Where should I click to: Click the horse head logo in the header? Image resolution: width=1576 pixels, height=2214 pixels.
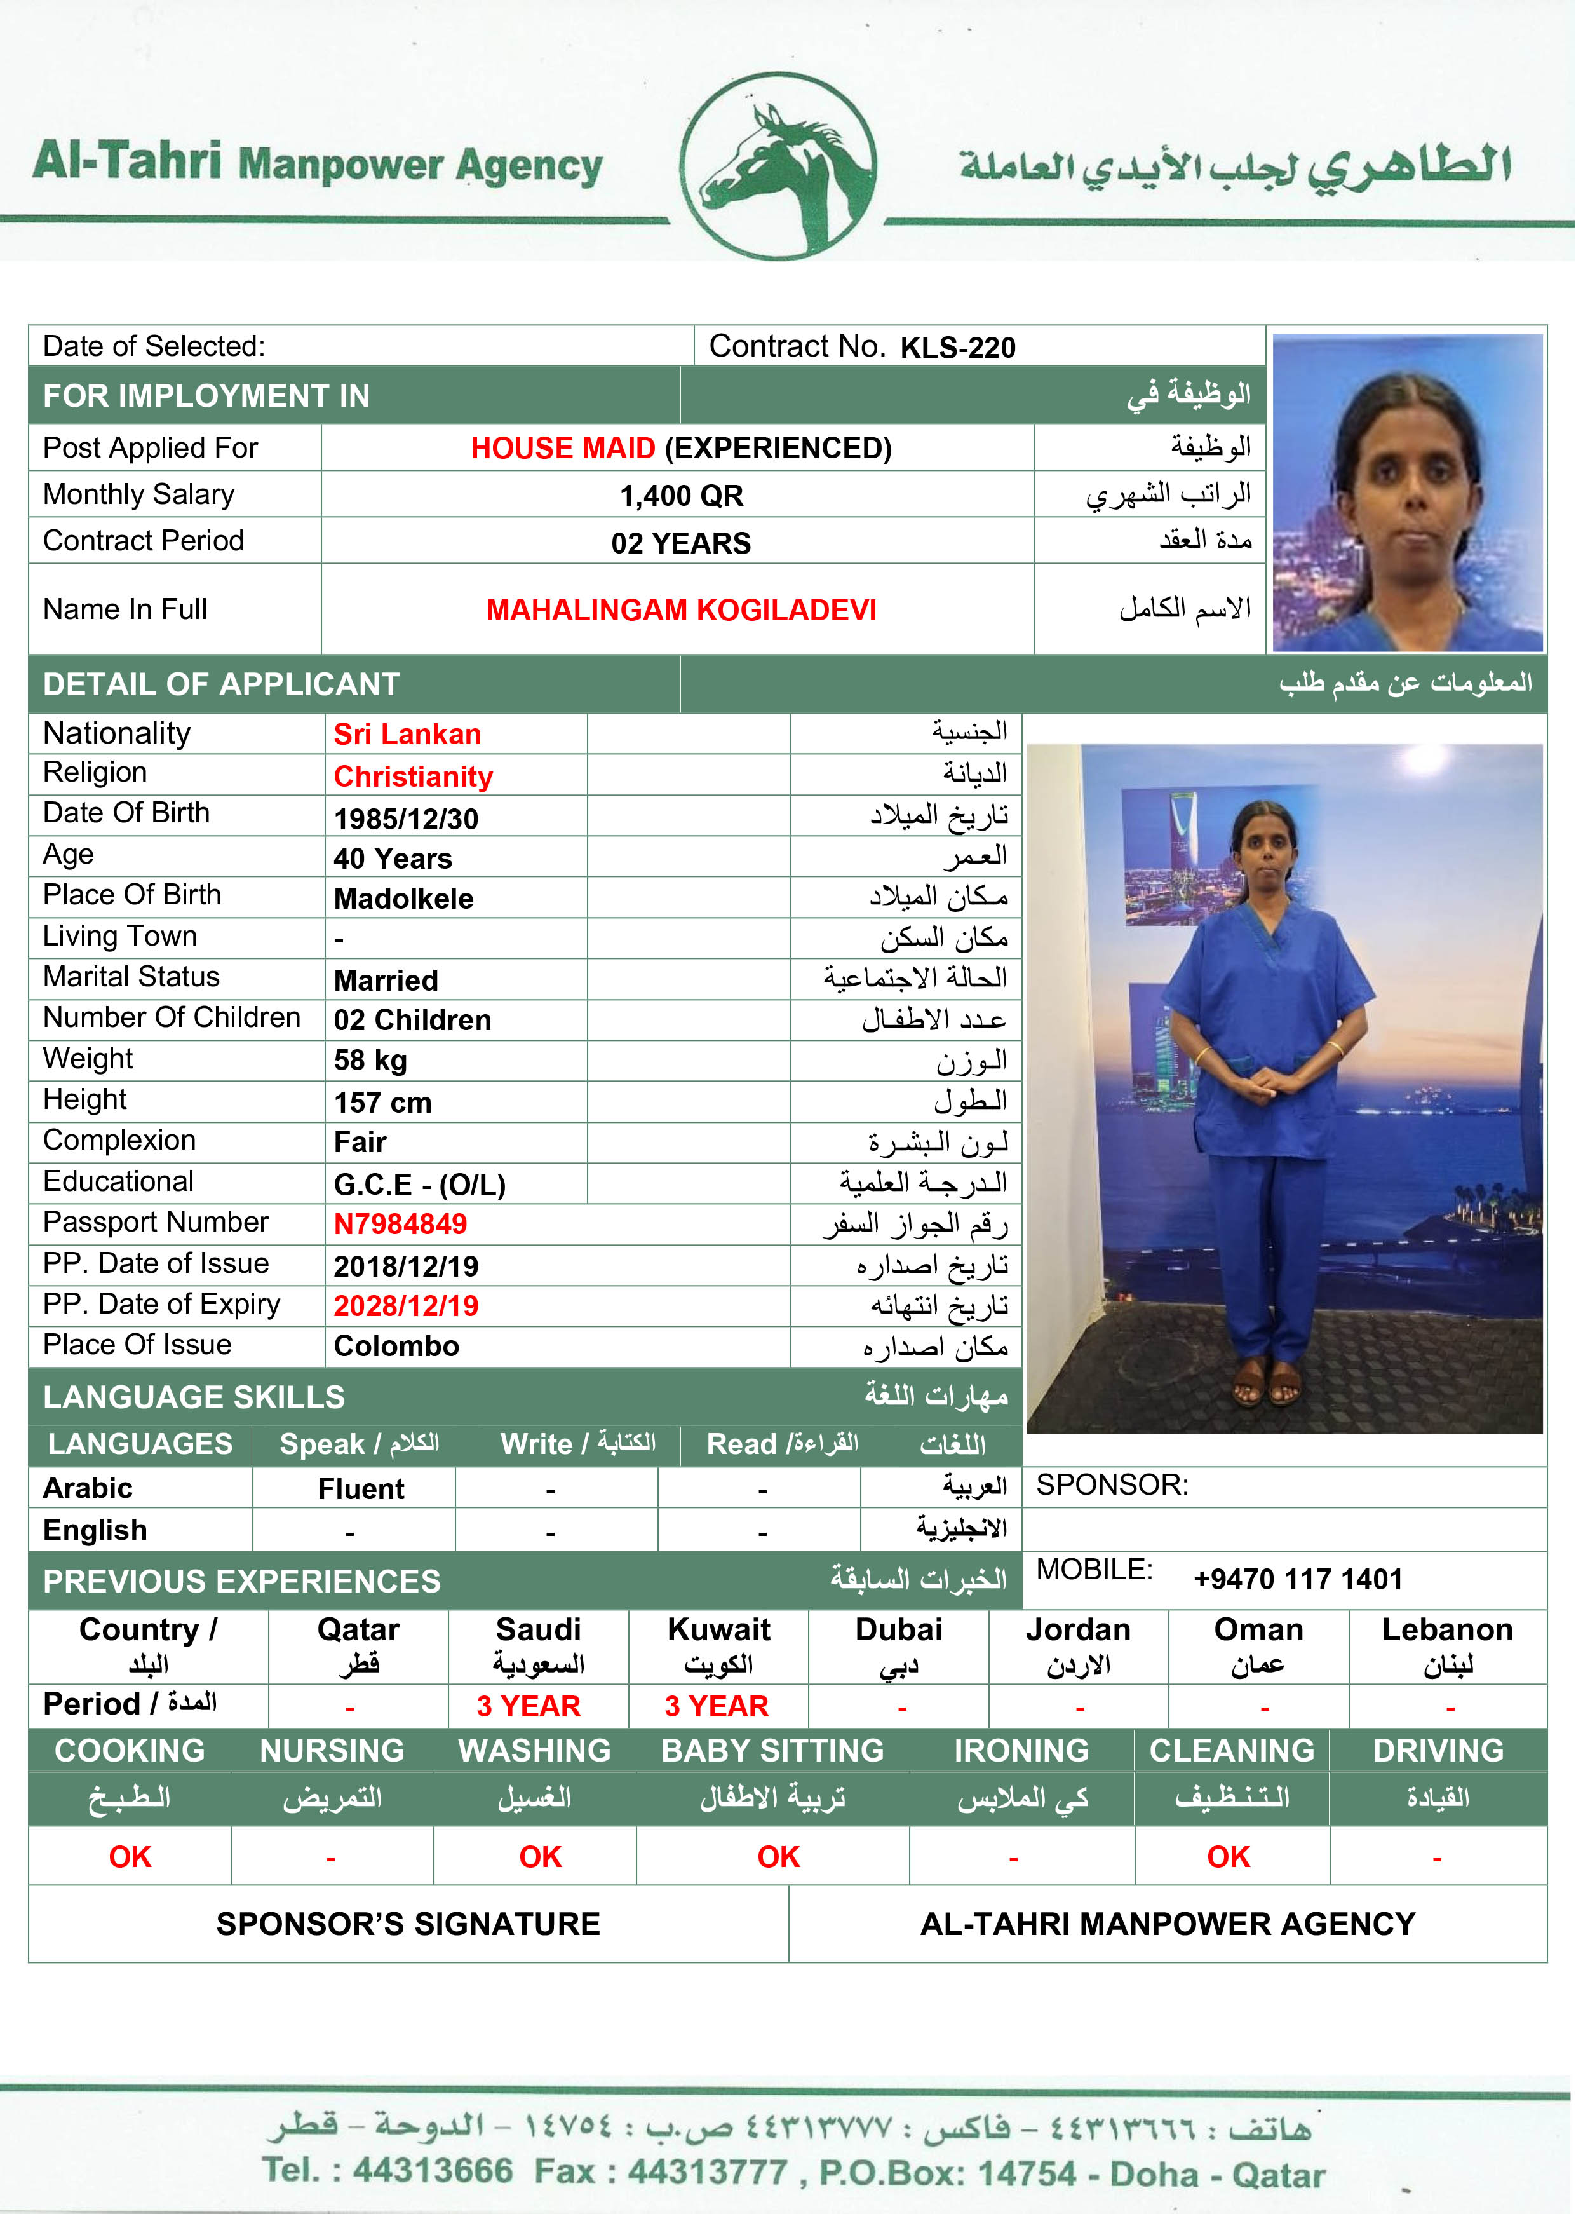(778, 166)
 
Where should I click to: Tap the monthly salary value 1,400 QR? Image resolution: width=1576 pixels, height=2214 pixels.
(681, 496)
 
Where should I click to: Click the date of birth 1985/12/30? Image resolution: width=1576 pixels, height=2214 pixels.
(406, 819)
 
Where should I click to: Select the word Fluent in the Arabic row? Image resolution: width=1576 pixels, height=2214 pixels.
(361, 1489)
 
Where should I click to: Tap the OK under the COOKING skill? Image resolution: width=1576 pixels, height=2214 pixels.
(130, 1857)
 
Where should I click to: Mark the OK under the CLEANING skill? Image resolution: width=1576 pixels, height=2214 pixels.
(1229, 1857)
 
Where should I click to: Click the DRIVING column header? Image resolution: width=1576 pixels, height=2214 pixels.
(1438, 1750)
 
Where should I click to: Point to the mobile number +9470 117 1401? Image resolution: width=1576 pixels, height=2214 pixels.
(1298, 1579)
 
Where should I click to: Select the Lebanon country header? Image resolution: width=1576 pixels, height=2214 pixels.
(1447, 1630)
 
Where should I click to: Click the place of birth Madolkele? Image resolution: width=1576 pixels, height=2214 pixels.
(404, 899)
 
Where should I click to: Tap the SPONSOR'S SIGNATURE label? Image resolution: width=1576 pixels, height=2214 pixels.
(408, 1924)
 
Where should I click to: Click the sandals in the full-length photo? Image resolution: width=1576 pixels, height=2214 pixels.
(1267, 1384)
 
